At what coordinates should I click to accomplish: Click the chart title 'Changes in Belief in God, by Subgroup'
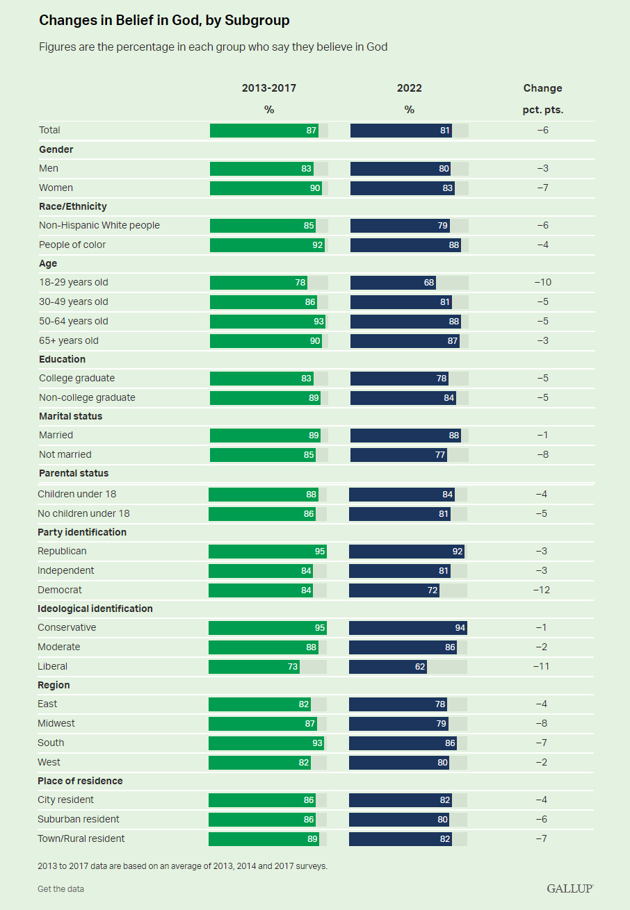pos(164,21)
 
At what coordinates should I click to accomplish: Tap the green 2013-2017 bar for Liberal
pos(254,666)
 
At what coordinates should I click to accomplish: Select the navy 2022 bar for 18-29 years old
pos(393,283)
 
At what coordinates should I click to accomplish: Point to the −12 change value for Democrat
pos(541,590)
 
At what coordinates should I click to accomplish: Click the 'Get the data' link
pos(60,889)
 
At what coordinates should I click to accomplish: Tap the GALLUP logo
pos(570,888)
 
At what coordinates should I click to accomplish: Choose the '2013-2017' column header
pos(269,88)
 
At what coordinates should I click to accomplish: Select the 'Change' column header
pos(542,88)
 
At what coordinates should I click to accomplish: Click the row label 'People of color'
pos(72,245)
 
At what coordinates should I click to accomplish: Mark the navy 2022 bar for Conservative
pos(407,627)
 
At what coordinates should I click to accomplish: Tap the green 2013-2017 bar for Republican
pos(267,551)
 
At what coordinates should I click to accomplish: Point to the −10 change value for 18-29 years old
pos(542,283)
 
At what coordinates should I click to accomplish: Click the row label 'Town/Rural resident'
pos(81,838)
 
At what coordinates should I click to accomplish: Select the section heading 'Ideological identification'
pos(95,609)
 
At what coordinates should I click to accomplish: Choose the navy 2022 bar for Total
pos(401,130)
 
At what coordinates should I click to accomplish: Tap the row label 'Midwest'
pos(56,723)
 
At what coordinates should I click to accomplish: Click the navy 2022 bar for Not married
pos(398,454)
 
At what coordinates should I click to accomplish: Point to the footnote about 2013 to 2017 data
pos(182,866)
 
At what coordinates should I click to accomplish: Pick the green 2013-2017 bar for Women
pos(266,188)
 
